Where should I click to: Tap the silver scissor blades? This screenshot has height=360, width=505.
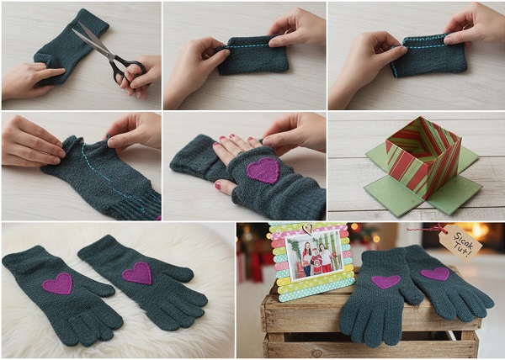[93, 40]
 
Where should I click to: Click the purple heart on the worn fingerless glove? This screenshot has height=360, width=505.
[263, 170]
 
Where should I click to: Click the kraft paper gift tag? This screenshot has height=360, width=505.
[460, 243]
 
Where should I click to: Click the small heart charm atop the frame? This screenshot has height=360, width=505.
[309, 228]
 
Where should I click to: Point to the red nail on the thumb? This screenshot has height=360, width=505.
[218, 185]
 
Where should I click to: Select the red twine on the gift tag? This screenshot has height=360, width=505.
[424, 230]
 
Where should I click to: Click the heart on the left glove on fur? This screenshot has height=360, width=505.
[57, 283]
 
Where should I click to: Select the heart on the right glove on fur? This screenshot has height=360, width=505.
[137, 273]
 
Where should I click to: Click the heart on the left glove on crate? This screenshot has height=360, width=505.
[385, 282]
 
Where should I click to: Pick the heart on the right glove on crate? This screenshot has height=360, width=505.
[435, 273]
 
